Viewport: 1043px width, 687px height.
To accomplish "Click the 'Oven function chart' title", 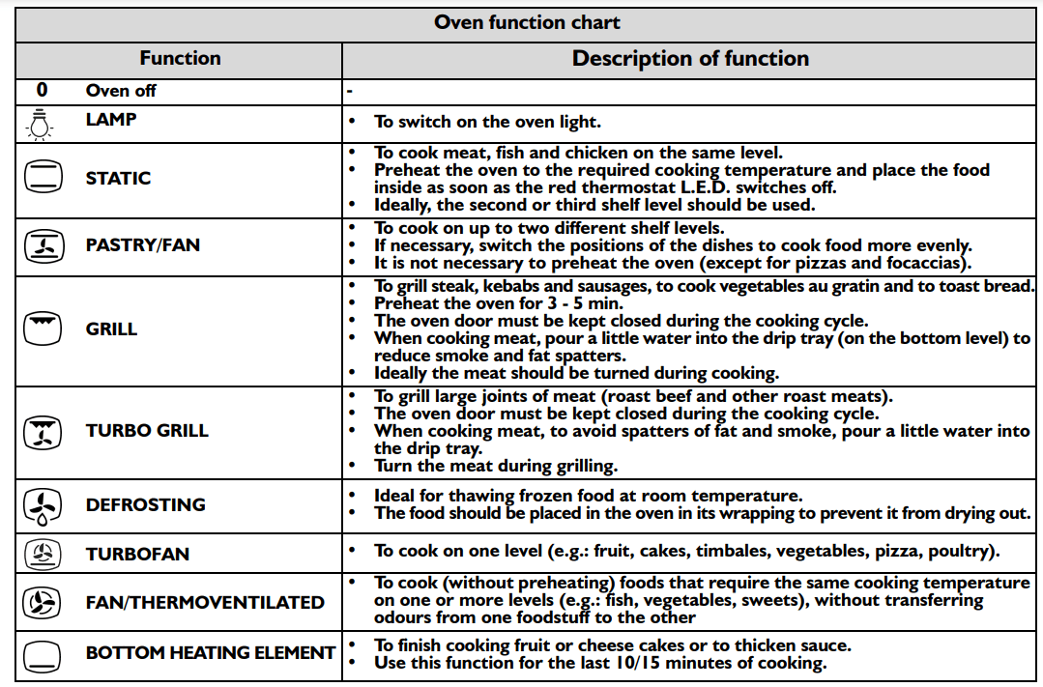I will pyautogui.click(x=527, y=22).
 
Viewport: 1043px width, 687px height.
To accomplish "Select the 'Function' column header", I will pyautogui.click(x=180, y=58).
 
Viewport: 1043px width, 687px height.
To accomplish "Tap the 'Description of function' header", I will pyautogui.click(x=690, y=58).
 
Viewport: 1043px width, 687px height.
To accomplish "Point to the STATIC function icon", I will pyautogui.click(x=43, y=178).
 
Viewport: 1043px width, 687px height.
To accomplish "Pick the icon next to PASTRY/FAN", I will pyautogui.click(x=43, y=246).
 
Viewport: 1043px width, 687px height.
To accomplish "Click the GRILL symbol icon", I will pyautogui.click(x=43, y=329).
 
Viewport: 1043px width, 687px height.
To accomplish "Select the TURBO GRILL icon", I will pyautogui.click(x=43, y=431).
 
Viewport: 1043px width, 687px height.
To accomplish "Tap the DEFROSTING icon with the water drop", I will pyautogui.click(x=43, y=505).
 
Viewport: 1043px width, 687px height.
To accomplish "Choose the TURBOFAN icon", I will pyautogui.click(x=43, y=554).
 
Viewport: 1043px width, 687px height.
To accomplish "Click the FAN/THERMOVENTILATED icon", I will pyautogui.click(x=43, y=603).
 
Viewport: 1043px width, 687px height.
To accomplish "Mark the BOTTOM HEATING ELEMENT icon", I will pyautogui.click(x=43, y=653).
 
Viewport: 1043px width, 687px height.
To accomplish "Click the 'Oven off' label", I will pyautogui.click(x=121, y=91).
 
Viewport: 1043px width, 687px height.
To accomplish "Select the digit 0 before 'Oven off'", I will pyautogui.click(x=42, y=91).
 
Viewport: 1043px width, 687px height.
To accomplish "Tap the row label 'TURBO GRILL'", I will pyautogui.click(x=147, y=431).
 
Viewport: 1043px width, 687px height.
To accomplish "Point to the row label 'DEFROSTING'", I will pyautogui.click(x=145, y=504).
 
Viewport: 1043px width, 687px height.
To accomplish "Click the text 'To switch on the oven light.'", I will pyautogui.click(x=487, y=122).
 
